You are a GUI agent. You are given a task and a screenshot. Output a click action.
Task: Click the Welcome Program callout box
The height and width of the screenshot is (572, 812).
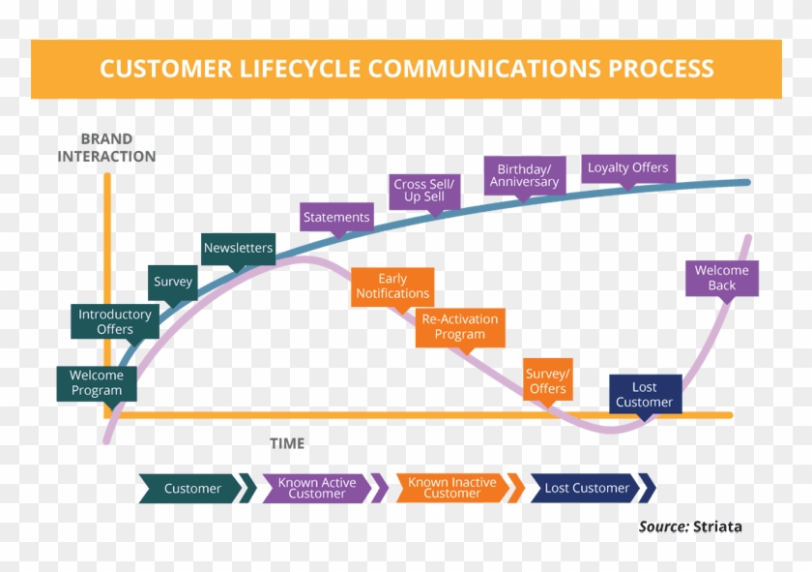click(x=97, y=382)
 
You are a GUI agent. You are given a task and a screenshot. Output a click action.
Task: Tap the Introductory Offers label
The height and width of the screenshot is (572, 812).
click(x=115, y=321)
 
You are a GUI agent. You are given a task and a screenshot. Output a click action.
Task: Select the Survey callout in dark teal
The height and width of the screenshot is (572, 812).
click(x=173, y=282)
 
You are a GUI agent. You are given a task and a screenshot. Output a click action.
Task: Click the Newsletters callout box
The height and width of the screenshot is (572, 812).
click(x=238, y=248)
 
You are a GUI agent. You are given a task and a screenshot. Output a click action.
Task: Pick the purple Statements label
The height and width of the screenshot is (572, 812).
click(x=336, y=218)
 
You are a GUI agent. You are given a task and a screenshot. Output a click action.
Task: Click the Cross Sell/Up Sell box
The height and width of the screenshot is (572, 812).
click(x=424, y=190)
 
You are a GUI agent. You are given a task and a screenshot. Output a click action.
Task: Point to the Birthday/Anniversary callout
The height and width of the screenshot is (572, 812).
click(x=524, y=174)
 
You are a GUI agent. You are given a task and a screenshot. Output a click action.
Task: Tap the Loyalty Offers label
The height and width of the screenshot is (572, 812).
click(x=627, y=167)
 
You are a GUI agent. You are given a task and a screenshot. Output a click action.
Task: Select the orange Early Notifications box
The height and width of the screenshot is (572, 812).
click(x=391, y=286)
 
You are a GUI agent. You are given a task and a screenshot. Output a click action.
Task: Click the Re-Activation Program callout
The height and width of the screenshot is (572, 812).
click(x=460, y=326)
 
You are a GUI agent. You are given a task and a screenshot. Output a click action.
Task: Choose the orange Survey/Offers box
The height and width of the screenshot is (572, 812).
click(x=547, y=380)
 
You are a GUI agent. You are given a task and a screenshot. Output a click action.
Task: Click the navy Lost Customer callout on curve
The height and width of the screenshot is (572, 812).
click(x=644, y=394)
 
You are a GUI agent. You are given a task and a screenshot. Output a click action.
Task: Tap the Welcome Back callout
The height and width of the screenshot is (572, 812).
click(x=721, y=277)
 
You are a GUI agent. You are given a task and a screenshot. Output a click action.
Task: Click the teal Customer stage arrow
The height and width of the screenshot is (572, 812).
click(x=192, y=488)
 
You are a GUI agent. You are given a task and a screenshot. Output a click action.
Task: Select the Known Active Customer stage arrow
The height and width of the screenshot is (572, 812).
click(x=317, y=488)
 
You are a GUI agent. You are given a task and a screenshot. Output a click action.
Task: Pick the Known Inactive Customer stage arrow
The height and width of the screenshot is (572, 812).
click(x=451, y=488)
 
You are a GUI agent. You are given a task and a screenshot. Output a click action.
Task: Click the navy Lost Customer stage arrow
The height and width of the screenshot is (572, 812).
click(x=587, y=488)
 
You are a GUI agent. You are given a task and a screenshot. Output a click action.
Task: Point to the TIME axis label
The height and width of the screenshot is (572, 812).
click(x=287, y=443)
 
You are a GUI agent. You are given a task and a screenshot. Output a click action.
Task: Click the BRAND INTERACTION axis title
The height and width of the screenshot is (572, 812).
click(x=106, y=147)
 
